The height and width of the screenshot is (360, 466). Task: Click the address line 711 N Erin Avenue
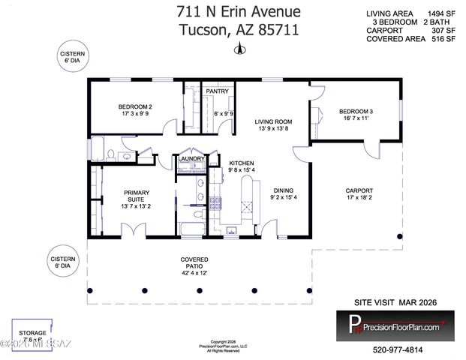pyautogui.click(x=238, y=12)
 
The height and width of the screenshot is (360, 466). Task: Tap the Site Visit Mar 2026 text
pyautogui.click(x=395, y=302)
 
